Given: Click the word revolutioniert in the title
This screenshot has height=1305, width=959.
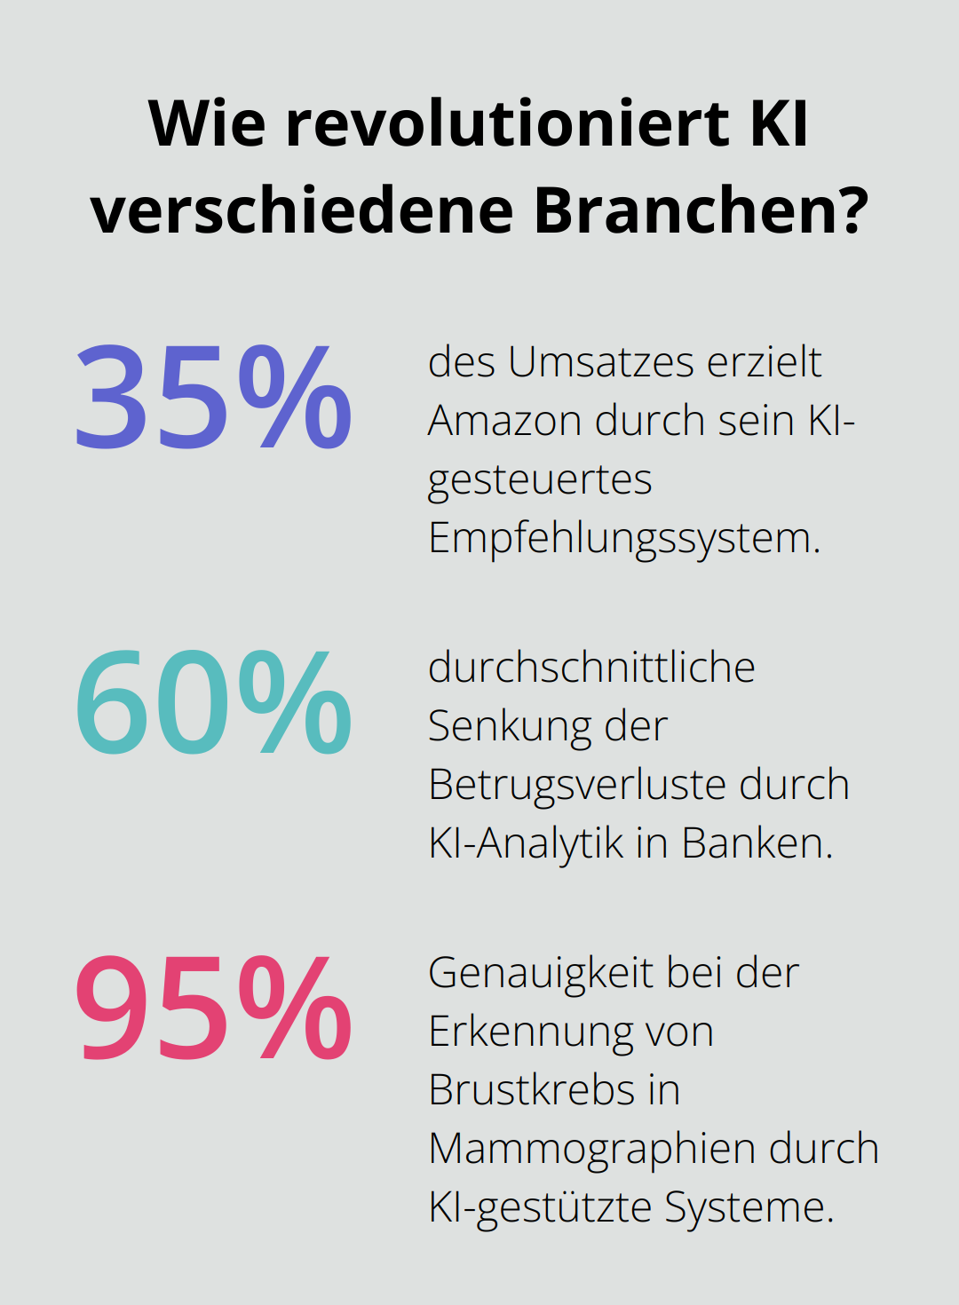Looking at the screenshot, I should (x=507, y=123).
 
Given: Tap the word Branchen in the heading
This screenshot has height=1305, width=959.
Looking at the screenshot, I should (x=700, y=211).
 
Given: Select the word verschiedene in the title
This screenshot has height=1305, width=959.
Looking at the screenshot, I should (x=303, y=211).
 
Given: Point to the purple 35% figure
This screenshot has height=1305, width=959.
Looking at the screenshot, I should (x=213, y=396).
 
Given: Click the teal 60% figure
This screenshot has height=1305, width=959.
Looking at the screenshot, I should (x=213, y=702).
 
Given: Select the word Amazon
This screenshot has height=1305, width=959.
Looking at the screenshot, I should (x=503, y=421).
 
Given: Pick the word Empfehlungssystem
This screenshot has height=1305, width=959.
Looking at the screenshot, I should (x=623, y=539).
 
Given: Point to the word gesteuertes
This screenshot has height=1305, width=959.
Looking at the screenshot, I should (x=540, y=480).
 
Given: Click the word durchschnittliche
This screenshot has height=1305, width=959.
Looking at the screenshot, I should (x=591, y=668).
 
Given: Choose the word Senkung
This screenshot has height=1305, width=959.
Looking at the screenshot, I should (x=509, y=727).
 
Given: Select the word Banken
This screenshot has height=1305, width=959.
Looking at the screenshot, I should (x=757, y=843).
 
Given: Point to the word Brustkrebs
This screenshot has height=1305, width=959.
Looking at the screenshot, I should (x=529, y=1090).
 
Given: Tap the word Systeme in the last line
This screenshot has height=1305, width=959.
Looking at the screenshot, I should (x=749, y=1207).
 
